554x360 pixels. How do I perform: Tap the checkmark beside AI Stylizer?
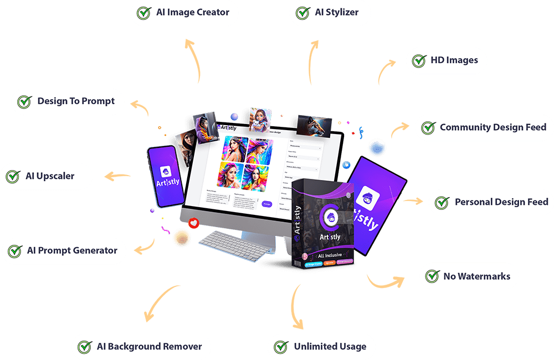tap(302, 13)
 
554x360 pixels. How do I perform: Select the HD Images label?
tap(454, 60)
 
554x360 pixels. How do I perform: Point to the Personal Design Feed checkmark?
tap(442, 203)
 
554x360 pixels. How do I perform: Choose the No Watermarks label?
tap(476, 276)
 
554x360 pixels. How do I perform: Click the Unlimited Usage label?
tap(330, 347)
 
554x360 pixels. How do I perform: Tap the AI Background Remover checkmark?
tap(84, 347)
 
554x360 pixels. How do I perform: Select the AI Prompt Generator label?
tap(72, 250)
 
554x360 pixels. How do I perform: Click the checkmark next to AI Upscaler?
tap(12, 177)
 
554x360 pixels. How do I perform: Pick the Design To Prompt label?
tap(76, 101)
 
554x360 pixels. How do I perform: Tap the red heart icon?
tap(193, 223)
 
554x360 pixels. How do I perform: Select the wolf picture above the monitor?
tap(314, 126)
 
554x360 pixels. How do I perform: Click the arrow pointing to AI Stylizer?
tap(314, 61)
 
